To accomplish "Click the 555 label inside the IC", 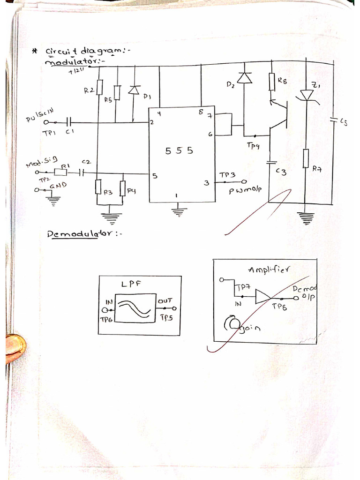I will tap(179, 150).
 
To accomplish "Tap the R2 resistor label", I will tap(89, 90).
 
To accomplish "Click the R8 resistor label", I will tap(282, 80).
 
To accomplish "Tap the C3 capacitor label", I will tap(281, 172).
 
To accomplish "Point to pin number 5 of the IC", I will tap(155, 176).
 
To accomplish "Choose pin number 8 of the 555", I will tap(201, 112).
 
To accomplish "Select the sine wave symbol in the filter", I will tap(135, 308).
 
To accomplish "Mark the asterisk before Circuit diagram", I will tap(34, 51).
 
